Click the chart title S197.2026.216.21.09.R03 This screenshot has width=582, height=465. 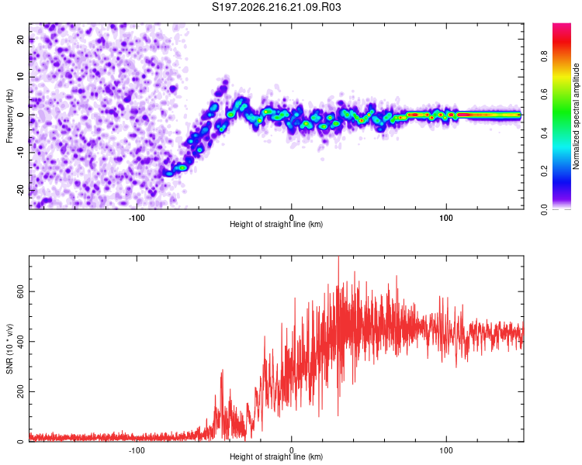coord(276,7)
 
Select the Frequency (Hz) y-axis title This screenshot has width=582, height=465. coord(9,116)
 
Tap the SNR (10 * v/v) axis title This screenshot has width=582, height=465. coord(9,349)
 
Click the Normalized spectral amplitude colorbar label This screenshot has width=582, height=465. coord(576,116)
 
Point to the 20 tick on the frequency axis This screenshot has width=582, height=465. coord(20,39)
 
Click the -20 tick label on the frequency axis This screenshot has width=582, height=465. coord(20,190)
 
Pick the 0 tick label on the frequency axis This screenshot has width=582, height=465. coord(20,115)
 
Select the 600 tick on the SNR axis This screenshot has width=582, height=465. coord(20,291)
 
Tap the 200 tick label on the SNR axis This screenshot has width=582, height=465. coord(20,391)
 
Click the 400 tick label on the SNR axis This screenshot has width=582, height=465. coord(20,342)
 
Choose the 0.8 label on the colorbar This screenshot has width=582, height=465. coord(544,57)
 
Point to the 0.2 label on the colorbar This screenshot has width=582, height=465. coord(544,171)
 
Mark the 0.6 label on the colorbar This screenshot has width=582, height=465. coord(544,95)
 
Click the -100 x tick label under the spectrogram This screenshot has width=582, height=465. coord(137,218)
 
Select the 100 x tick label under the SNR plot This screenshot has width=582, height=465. coord(445,450)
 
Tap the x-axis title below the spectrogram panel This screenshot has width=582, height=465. coord(276,224)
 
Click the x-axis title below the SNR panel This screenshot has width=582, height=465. coord(276,456)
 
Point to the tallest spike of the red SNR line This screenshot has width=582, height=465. coord(338,257)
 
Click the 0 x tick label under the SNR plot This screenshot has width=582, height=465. coord(291,450)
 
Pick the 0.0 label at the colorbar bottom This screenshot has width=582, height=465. coord(544,209)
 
